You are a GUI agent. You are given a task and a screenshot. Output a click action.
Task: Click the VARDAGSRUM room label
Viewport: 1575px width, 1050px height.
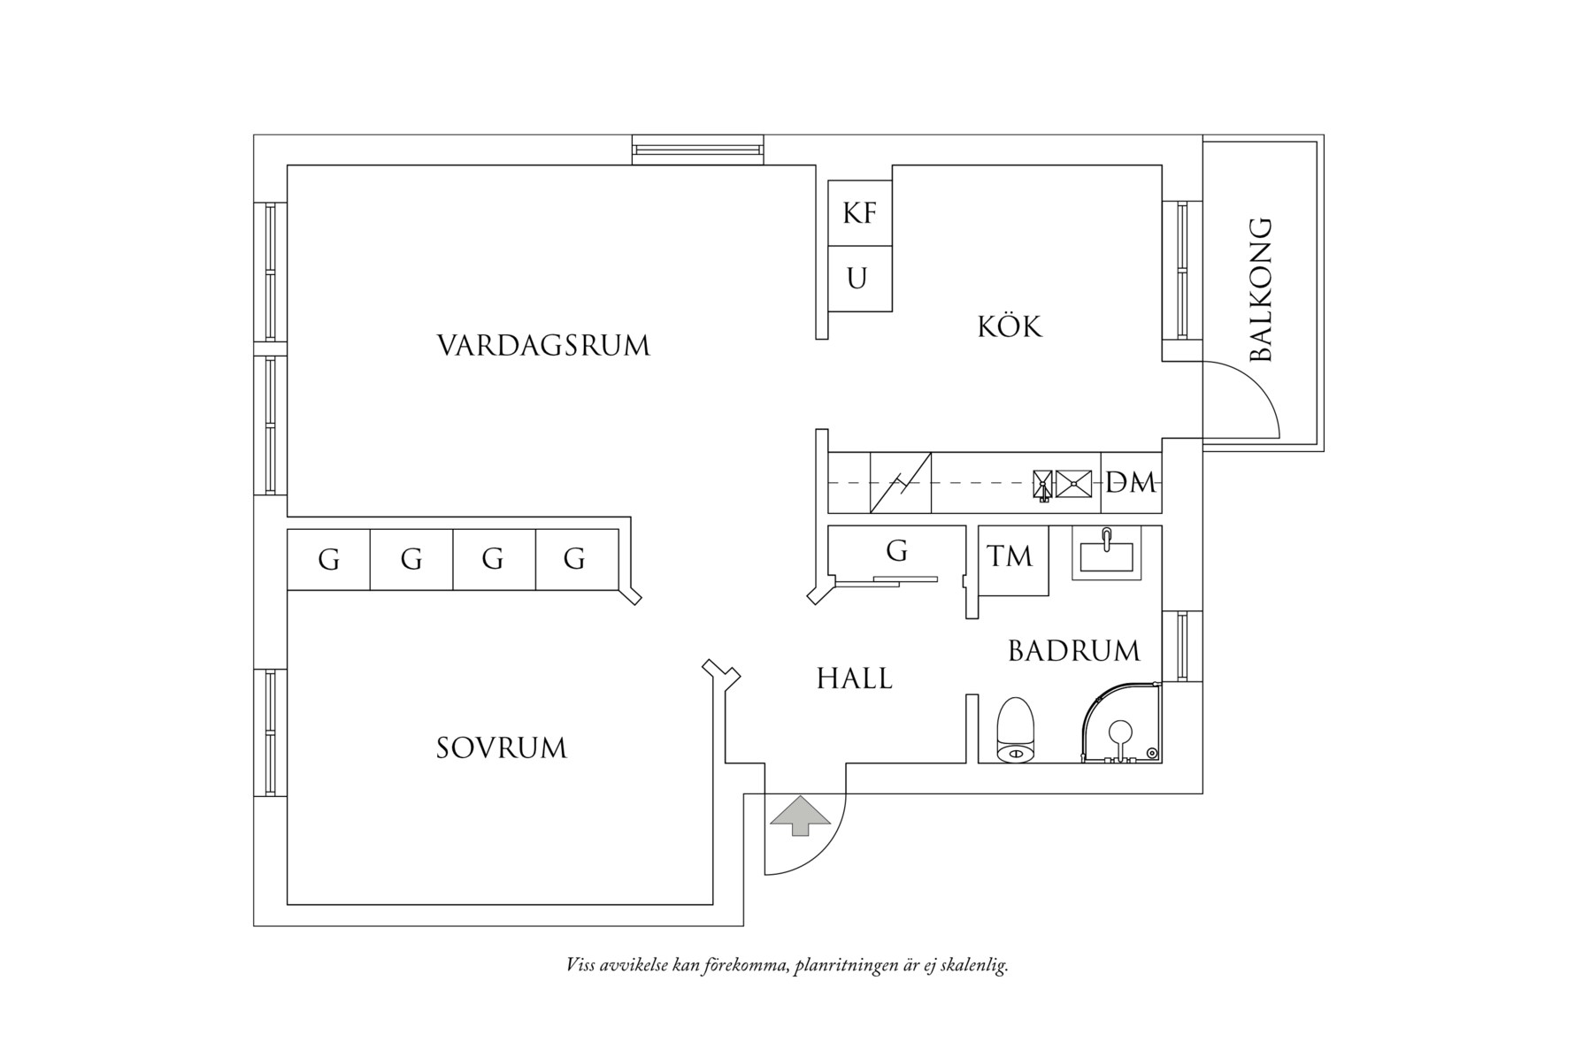click(543, 345)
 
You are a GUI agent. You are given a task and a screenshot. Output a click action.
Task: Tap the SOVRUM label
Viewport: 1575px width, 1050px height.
click(501, 748)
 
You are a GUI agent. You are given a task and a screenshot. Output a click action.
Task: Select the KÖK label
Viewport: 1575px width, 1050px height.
click(1010, 326)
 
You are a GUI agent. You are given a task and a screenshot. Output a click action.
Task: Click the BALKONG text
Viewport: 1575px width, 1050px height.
click(1260, 290)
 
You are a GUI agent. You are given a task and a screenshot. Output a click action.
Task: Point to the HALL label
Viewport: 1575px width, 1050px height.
click(854, 679)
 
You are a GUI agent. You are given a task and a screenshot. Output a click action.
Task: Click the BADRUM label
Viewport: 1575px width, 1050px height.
click(1073, 652)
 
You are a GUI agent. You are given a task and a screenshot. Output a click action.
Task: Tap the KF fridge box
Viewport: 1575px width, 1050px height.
click(859, 213)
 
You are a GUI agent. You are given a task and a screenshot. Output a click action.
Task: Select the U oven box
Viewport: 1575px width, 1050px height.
click(857, 280)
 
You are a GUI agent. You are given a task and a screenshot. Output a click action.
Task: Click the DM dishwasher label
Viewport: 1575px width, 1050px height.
click(1131, 483)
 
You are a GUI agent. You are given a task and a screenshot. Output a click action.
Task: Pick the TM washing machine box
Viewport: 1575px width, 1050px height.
click(1010, 557)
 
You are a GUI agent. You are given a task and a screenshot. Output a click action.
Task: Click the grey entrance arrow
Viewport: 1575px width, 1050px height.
click(800, 816)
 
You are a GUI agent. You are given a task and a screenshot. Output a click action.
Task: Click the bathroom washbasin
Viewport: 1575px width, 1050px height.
click(1106, 555)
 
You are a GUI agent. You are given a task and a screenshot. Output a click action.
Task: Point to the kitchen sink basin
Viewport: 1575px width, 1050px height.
click(1072, 483)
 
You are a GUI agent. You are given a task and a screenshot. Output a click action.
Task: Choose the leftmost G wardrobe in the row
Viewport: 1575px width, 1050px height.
click(328, 559)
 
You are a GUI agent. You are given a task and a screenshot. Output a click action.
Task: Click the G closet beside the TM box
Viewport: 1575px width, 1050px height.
click(895, 552)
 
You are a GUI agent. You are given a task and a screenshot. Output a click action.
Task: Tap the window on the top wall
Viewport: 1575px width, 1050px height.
click(697, 149)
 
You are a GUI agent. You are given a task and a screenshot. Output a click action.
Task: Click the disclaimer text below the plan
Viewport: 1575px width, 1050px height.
click(787, 965)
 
